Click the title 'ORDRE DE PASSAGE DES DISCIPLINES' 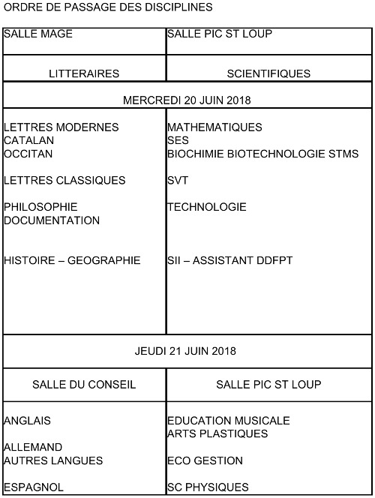(108, 7)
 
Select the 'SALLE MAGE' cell (38, 34)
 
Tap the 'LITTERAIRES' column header (84, 73)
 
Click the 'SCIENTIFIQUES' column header (268, 73)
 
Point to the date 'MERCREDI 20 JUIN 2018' (187, 100)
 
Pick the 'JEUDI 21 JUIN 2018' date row (187, 351)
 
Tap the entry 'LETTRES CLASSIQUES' (64, 181)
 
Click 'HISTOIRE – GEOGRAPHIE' (72, 261)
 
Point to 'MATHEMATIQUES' (214, 127)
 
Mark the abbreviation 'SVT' (178, 181)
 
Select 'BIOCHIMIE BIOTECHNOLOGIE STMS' (262, 154)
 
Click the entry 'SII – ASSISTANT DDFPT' (229, 261)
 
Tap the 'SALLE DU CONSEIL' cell (84, 385)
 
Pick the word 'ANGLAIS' (27, 421)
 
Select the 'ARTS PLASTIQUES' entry (217, 434)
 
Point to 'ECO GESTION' (205, 460)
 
